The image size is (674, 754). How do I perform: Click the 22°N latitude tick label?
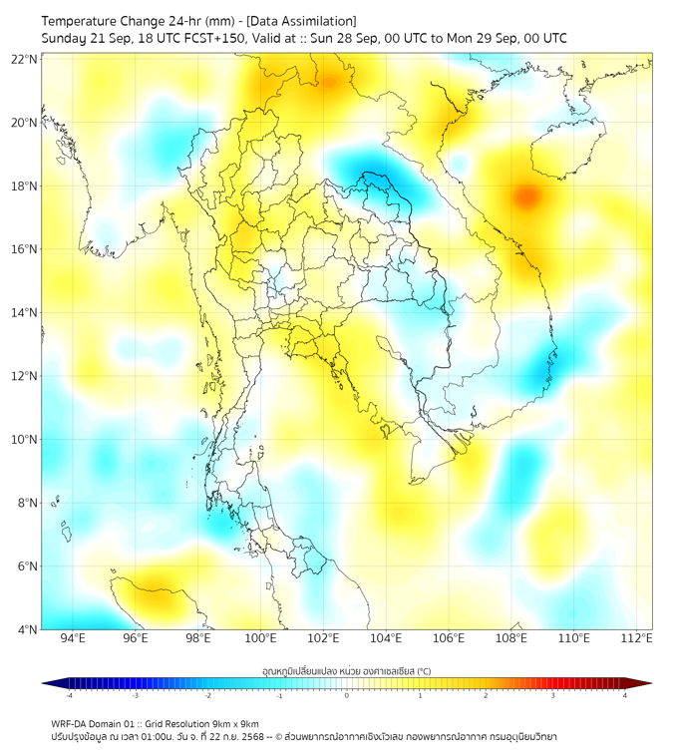point(25,59)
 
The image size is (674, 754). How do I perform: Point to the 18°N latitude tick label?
point(25,187)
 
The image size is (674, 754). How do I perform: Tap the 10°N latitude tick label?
point(25,440)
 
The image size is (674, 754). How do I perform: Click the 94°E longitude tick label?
point(73,638)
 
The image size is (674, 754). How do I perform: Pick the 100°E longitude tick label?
point(260,638)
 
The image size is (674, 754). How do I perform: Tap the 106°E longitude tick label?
point(449,638)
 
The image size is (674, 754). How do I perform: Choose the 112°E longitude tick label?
point(637,638)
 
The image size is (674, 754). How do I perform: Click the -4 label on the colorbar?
point(69,695)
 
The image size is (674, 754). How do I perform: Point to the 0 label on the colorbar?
point(347,695)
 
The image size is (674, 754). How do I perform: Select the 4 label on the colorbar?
point(624,695)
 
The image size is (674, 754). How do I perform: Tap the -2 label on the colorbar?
point(207,695)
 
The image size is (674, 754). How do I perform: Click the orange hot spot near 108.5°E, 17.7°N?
point(526,195)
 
